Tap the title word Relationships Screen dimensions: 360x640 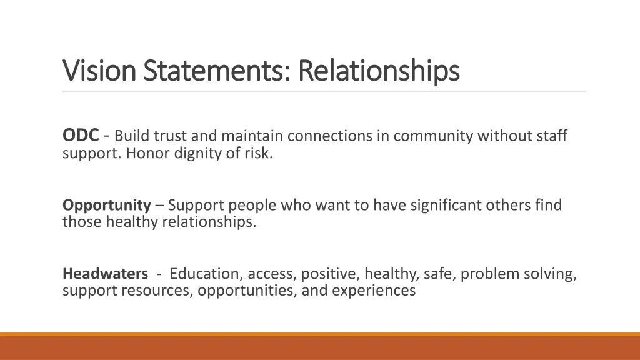(x=379, y=71)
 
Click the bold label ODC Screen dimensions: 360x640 (x=81, y=135)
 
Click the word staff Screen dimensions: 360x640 (x=550, y=136)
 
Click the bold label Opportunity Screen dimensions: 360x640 (x=107, y=205)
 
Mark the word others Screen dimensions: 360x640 (x=512, y=205)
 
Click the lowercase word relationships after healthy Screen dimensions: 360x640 (x=209, y=222)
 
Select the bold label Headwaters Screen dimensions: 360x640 (x=105, y=274)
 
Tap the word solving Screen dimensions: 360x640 (x=552, y=274)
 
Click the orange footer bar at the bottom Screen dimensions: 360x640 (x=320, y=347)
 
